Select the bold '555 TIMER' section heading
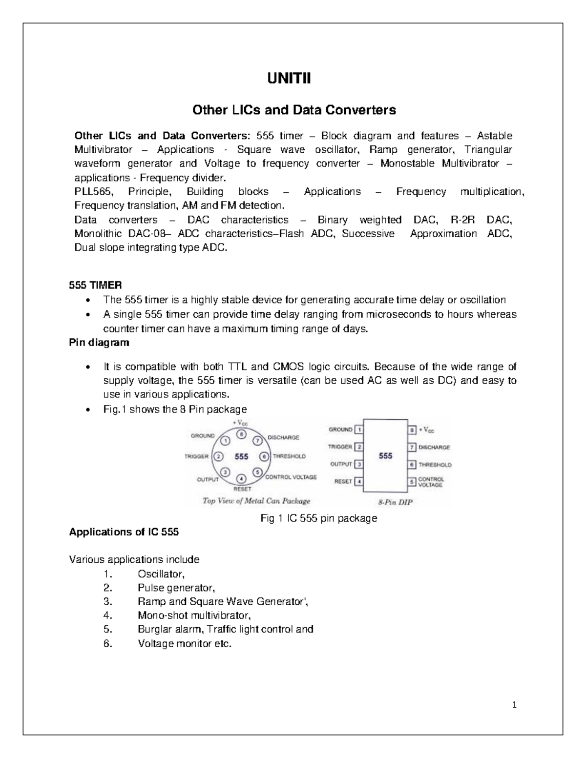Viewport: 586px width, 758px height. click(x=95, y=285)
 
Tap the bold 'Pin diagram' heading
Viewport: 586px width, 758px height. click(x=99, y=343)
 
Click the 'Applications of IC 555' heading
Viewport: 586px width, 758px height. click(x=124, y=532)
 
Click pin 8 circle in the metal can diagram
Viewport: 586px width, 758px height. click(x=241, y=433)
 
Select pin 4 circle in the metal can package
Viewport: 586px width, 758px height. click(x=241, y=479)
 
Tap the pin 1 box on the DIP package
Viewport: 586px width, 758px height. click(x=359, y=430)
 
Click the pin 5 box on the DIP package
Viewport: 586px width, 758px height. click(x=412, y=481)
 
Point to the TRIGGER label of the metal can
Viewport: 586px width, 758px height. click(x=196, y=456)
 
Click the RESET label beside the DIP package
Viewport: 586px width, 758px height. click(x=343, y=481)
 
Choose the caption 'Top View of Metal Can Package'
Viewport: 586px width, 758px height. click(x=256, y=501)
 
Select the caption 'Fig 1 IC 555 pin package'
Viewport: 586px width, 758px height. click(x=319, y=518)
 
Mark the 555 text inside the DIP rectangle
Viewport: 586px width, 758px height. click(x=385, y=456)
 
